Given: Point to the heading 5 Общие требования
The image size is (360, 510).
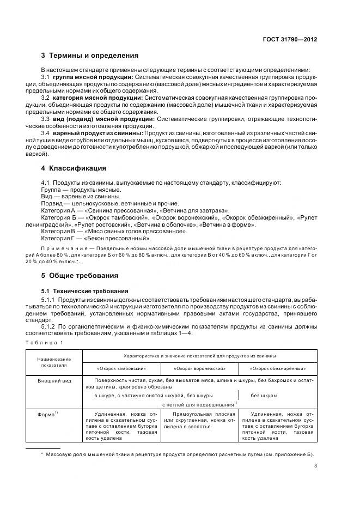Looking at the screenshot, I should [x=80, y=275].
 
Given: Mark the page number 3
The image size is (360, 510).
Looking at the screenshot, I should [x=315, y=465].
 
